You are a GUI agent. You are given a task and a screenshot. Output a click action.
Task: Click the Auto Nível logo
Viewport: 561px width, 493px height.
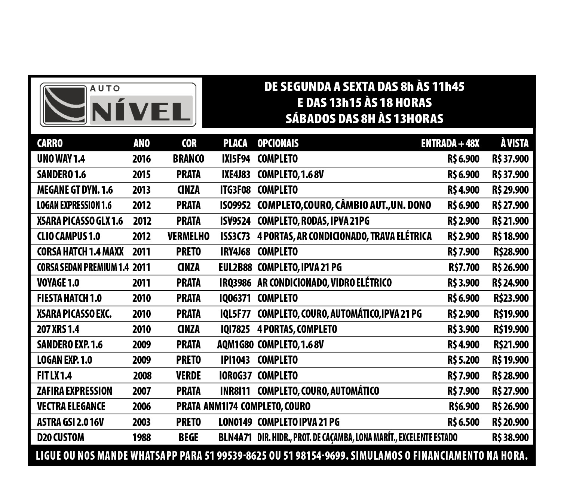click(x=118, y=105)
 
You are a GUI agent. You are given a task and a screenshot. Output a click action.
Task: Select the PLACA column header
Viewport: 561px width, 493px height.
click(x=235, y=143)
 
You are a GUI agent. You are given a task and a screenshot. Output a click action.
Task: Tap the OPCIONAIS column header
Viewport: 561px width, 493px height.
click(x=278, y=143)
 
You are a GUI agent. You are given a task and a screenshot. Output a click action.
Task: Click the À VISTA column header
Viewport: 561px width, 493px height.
click(x=514, y=143)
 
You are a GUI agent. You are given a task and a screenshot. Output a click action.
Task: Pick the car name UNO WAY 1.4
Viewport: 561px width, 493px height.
click(x=61, y=159)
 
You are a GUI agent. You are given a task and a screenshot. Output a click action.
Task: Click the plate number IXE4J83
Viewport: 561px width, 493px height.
click(x=236, y=175)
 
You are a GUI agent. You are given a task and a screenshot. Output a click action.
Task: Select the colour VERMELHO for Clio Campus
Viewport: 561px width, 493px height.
click(x=188, y=236)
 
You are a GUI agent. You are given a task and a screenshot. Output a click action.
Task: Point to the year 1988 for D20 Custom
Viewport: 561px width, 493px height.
click(x=141, y=438)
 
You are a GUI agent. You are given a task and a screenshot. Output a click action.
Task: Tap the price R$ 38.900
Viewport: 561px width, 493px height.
click(x=510, y=438)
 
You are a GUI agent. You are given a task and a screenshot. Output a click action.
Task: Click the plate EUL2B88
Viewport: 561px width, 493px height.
click(x=235, y=267)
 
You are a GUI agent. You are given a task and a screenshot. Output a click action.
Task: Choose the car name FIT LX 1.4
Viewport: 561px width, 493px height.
click(x=54, y=376)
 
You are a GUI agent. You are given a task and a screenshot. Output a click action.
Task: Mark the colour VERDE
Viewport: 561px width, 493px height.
click(x=188, y=376)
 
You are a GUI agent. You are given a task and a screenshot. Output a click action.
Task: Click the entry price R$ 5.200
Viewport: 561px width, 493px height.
click(x=463, y=360)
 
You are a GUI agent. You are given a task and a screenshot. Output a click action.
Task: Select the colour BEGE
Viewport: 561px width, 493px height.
click(x=188, y=438)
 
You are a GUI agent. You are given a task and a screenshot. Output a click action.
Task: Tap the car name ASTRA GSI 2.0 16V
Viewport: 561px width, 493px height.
click(x=70, y=422)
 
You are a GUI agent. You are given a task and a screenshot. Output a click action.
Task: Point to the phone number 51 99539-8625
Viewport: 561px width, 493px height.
click(x=236, y=456)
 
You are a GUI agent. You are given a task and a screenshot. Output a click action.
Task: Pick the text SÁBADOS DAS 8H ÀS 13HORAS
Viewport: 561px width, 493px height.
click(x=364, y=119)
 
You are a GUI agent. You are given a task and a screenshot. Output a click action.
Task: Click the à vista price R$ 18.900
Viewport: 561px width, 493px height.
click(x=510, y=236)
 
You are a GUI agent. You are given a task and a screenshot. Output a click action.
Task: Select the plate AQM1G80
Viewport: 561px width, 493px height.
click(x=235, y=345)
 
